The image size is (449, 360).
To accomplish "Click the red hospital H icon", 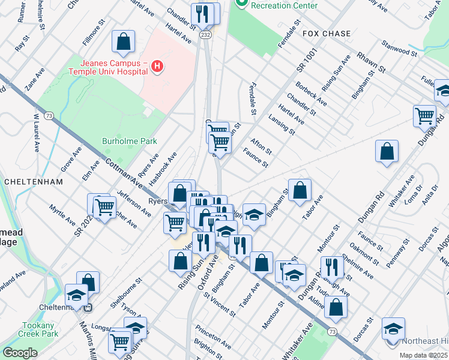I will pyautogui.click(x=157, y=66).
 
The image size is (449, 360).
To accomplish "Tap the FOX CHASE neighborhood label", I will pyautogui.click(x=327, y=34).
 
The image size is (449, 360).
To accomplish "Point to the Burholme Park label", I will pyautogui.click(x=128, y=142).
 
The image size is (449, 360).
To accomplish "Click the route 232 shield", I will pyautogui.click(x=206, y=35).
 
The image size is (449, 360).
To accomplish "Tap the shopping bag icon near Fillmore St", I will pyautogui.click(x=123, y=42).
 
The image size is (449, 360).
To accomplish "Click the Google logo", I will pyautogui.click(x=20, y=353).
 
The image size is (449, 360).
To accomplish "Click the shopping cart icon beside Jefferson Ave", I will pyautogui.click(x=104, y=208).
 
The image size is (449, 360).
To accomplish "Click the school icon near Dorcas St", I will pyautogui.click(x=393, y=329).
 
